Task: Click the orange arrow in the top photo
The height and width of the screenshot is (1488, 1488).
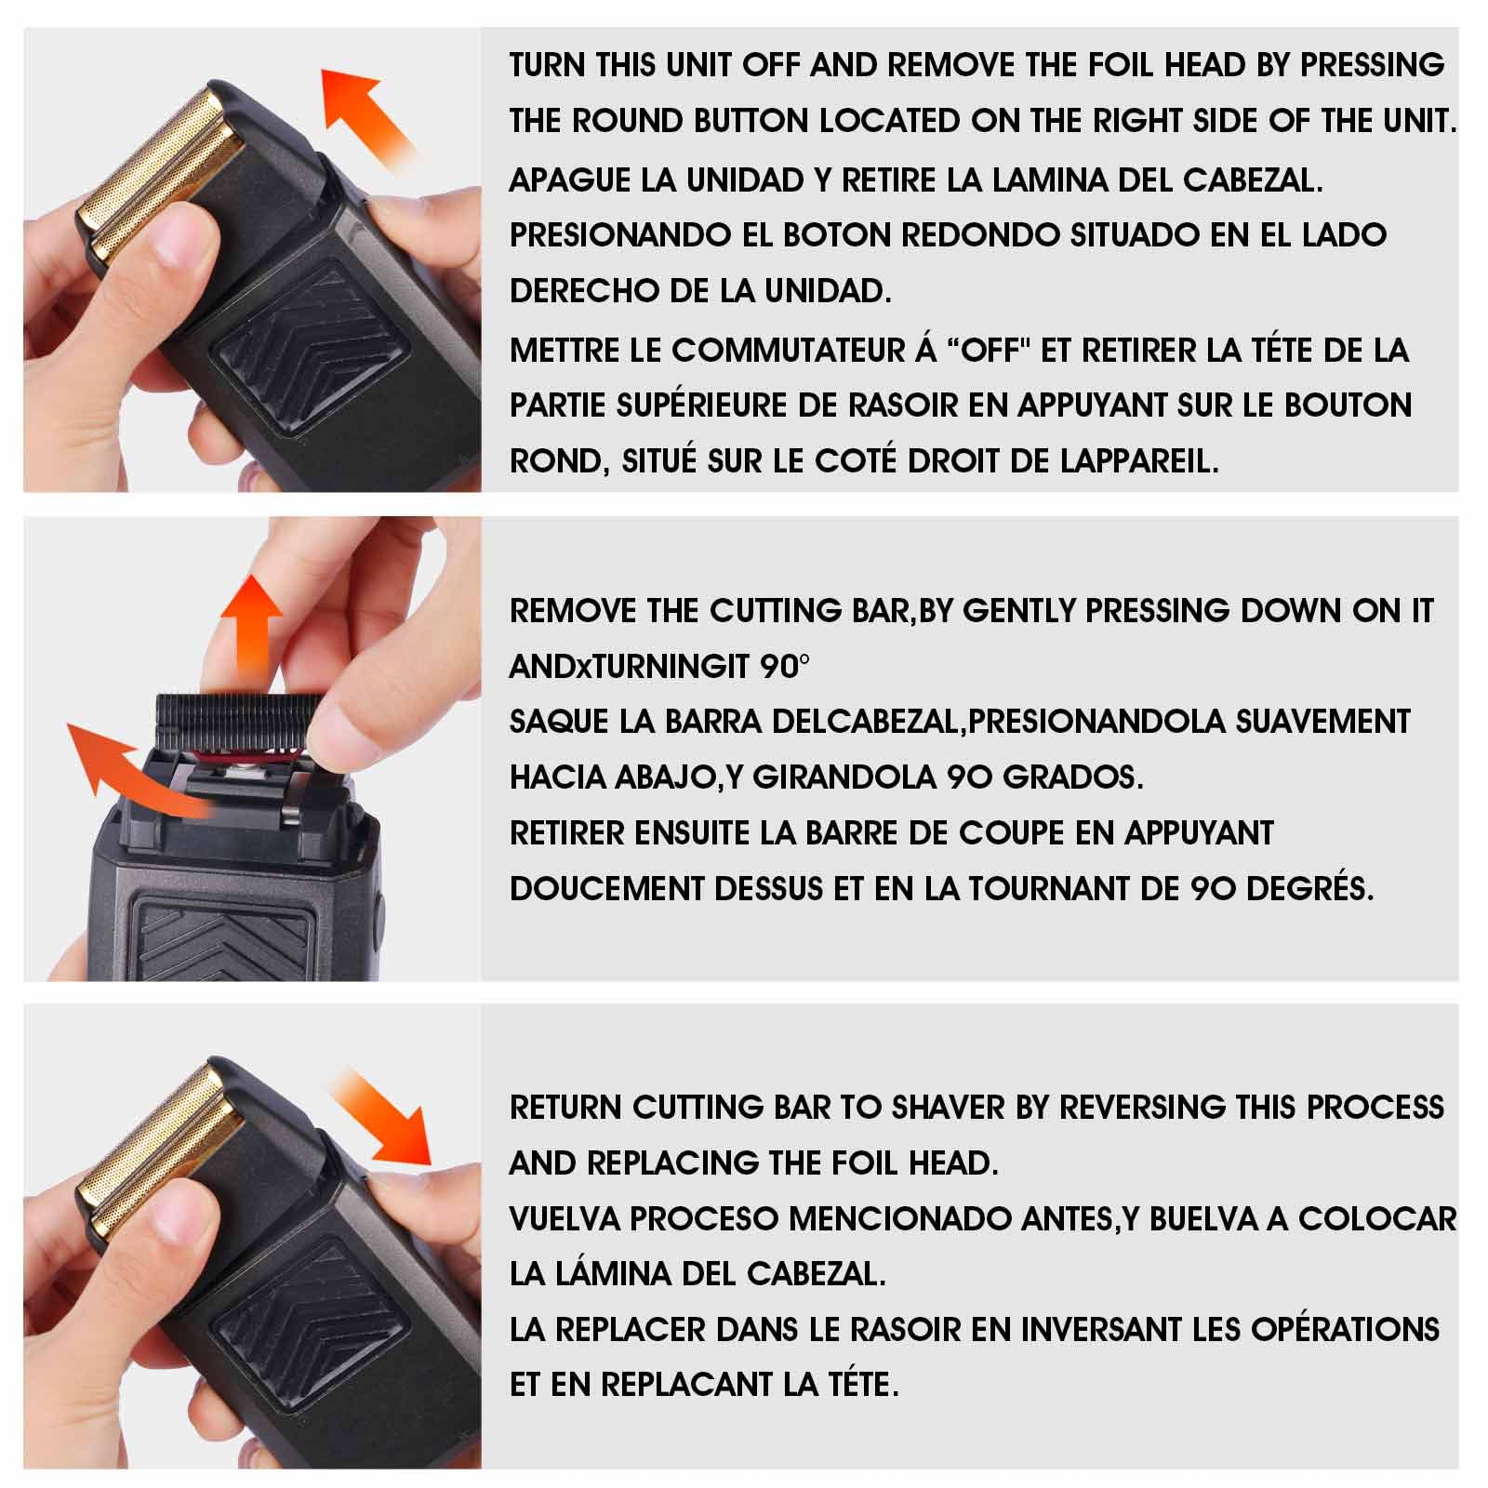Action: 366,112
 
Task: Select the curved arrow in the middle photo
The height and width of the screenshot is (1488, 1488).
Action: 144,772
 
